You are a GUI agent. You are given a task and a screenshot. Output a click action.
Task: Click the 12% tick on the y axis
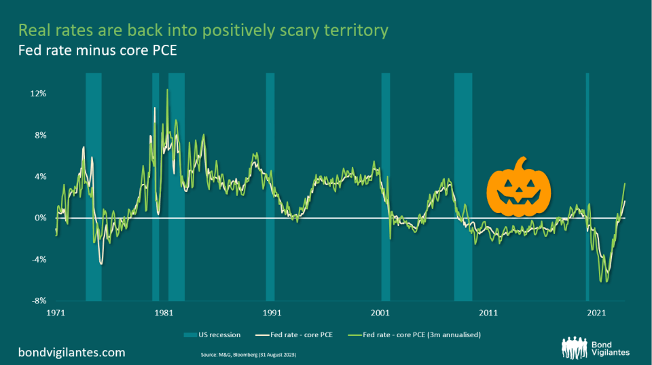click(38, 94)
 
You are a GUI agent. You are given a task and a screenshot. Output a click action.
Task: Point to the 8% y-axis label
click(39, 135)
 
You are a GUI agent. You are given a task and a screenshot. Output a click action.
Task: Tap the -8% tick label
click(38, 301)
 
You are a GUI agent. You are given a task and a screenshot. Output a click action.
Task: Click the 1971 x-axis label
click(56, 313)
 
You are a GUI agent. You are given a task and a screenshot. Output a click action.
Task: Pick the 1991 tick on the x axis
click(271, 313)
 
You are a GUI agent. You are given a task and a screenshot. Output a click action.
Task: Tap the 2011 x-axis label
click(488, 313)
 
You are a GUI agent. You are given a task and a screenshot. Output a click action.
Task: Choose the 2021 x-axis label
click(596, 313)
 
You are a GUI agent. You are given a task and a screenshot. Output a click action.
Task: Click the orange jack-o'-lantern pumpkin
click(520, 190)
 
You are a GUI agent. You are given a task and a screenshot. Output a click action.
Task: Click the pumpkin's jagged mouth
click(520, 201)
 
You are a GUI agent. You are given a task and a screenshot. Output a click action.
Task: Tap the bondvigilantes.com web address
click(71, 353)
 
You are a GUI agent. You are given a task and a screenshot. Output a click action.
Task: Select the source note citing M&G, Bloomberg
click(248, 355)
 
